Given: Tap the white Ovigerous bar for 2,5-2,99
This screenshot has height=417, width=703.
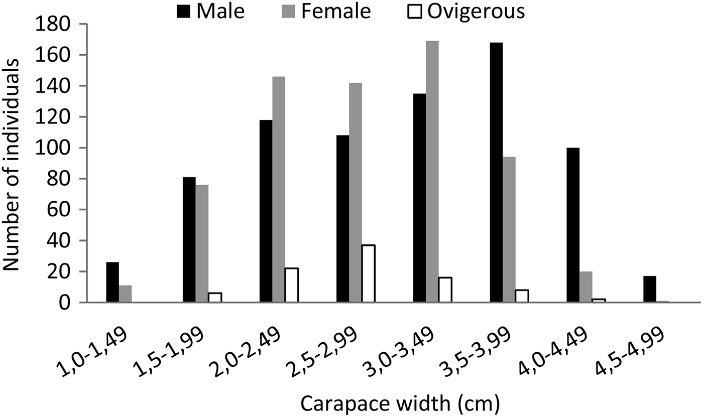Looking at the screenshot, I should (368, 273).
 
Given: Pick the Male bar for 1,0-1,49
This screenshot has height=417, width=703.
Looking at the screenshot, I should (112, 282).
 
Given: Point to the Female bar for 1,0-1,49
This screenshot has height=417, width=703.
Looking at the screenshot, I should (126, 294).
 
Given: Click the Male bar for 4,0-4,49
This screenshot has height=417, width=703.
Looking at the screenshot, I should (572, 225).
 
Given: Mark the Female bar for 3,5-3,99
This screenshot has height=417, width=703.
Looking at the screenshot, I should (509, 230).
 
